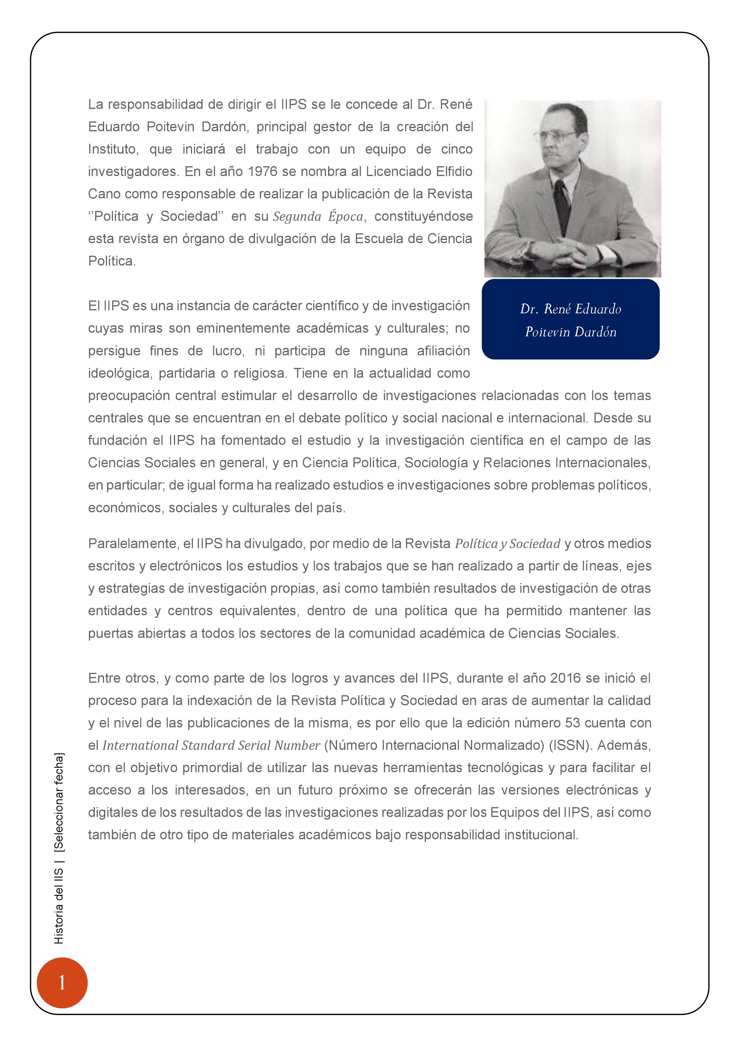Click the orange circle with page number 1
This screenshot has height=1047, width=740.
(62, 983)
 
